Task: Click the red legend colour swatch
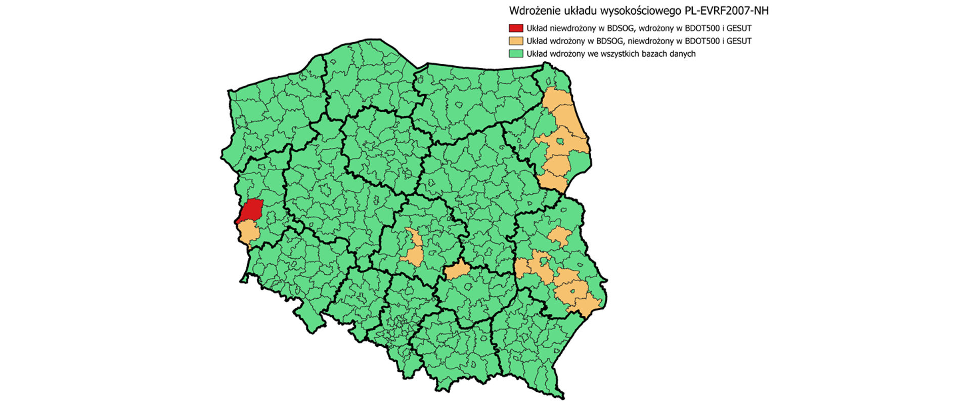[516, 28]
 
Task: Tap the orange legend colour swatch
[516, 41]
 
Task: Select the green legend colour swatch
[516, 54]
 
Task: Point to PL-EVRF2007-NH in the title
[727, 11]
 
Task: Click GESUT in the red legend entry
[739, 28]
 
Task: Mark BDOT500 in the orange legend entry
[695, 41]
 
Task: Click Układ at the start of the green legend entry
[537, 54]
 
